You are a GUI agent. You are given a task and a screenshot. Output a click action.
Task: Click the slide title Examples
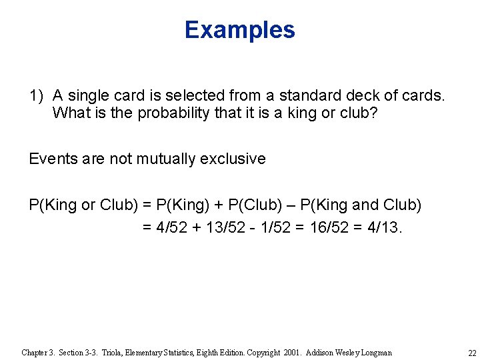[239, 30]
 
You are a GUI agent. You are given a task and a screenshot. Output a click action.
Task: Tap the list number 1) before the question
[36, 95]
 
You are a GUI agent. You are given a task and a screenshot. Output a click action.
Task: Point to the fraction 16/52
[322, 227]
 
